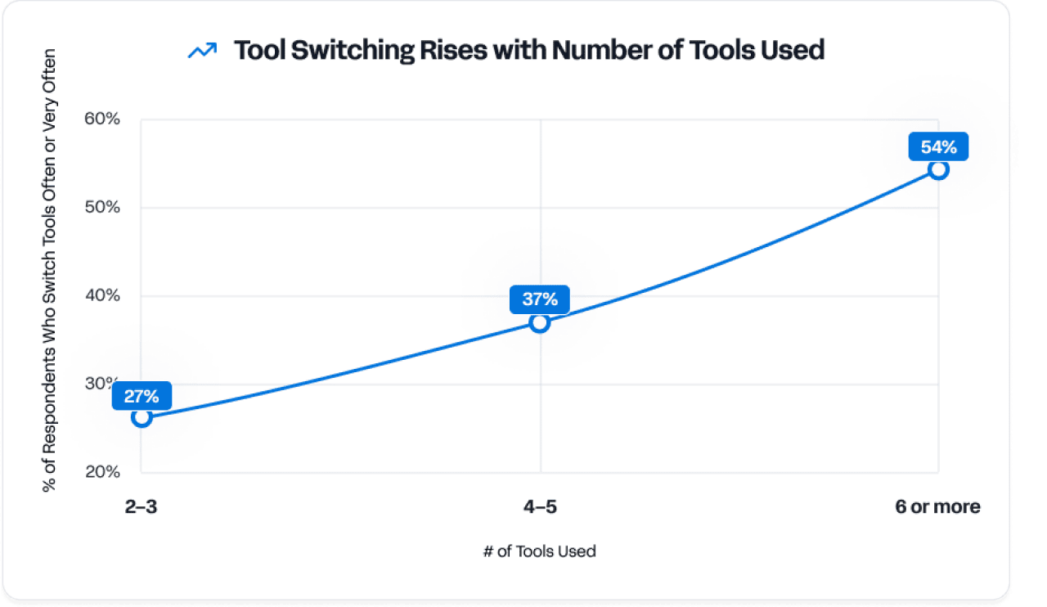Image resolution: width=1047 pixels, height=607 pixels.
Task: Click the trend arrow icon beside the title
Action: point(202,51)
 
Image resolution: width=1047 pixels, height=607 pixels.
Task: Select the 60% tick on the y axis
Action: point(102,119)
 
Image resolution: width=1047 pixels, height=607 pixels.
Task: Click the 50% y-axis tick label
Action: point(102,208)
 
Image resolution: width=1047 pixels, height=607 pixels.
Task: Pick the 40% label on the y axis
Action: point(102,296)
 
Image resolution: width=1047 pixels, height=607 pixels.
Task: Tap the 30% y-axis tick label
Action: point(102,384)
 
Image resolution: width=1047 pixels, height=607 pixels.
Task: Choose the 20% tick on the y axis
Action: point(102,473)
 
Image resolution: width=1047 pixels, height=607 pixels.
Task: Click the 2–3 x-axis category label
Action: point(142,507)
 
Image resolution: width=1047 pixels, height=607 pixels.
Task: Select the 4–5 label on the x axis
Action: point(540,507)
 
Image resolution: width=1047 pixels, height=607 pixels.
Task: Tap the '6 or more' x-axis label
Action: point(937,507)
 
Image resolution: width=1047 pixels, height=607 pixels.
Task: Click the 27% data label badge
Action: point(142,397)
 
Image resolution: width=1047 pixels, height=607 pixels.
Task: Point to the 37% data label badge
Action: point(540,299)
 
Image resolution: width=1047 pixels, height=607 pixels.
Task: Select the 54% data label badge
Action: point(938,147)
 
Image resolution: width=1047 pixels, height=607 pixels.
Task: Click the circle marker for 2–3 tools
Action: point(142,417)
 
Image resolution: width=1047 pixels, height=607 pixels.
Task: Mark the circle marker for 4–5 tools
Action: point(539,322)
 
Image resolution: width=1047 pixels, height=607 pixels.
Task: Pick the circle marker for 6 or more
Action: point(938,170)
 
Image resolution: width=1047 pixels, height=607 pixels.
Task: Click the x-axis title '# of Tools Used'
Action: point(540,551)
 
